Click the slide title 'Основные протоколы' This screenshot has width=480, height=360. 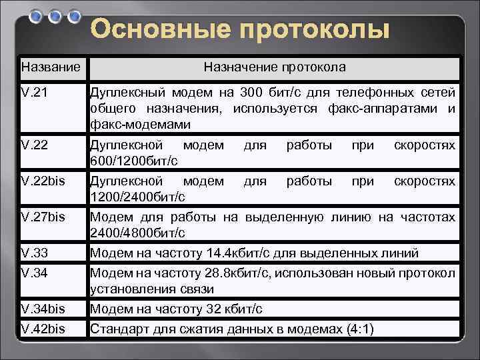tap(239, 30)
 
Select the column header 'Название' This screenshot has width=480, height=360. tap(51, 67)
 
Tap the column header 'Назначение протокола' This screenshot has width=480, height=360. tap(275, 67)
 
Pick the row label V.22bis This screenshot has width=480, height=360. tap(43, 181)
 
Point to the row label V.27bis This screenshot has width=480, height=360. tap(43, 217)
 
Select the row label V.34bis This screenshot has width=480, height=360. tap(43, 309)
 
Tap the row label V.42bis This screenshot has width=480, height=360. tap(43, 328)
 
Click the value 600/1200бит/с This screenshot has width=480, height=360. tap(134, 161)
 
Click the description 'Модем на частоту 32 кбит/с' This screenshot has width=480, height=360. tap(176, 309)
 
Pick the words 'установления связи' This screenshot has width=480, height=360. tap(152, 289)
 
